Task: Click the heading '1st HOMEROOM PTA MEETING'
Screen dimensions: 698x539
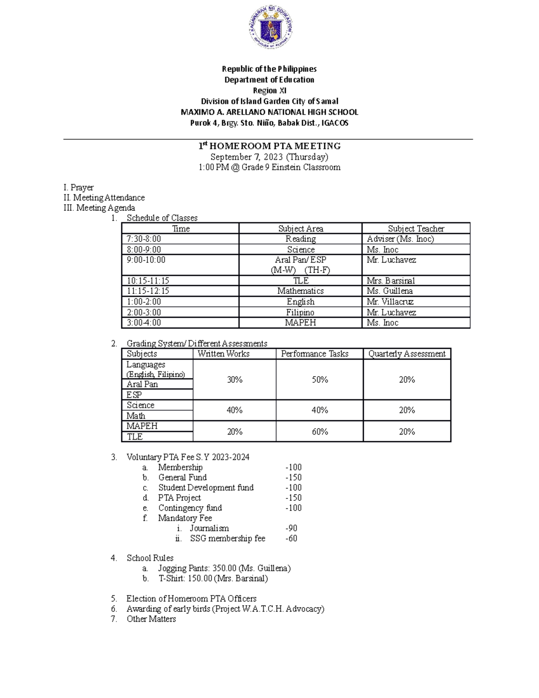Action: (269, 146)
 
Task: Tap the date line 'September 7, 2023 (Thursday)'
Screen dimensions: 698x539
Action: (269, 157)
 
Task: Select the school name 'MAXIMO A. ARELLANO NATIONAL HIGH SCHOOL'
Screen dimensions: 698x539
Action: (269, 112)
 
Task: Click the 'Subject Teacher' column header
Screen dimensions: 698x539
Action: (416, 228)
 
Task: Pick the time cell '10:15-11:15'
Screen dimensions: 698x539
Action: (148, 280)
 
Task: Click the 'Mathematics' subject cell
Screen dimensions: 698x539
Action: (300, 291)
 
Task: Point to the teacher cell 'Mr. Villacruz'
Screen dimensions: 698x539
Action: (390, 302)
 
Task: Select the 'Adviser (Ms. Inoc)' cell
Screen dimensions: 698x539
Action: (400, 239)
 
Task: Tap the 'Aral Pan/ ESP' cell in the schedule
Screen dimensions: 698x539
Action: (300, 260)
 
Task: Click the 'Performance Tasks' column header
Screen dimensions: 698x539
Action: (315, 354)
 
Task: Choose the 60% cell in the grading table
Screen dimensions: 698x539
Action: (320, 431)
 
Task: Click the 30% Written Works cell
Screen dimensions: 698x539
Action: (234, 380)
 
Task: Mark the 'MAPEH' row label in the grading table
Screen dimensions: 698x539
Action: (142, 426)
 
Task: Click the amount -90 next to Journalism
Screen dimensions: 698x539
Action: (292, 528)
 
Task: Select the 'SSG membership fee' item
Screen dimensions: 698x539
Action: (227, 538)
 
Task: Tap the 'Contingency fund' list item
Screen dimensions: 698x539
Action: (190, 508)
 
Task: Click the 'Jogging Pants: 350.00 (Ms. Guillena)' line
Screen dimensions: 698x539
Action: (224, 568)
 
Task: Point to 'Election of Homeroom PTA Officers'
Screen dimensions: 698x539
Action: (191, 599)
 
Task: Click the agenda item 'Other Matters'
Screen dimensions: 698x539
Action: (151, 619)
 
